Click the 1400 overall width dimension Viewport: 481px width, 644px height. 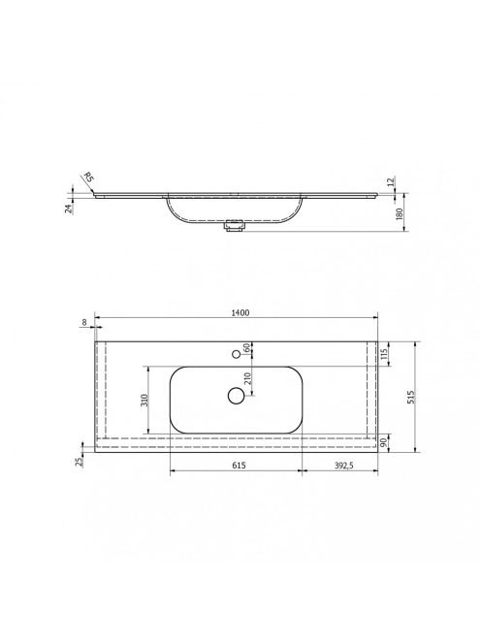pos(240,312)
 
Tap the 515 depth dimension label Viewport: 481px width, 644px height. pos(411,397)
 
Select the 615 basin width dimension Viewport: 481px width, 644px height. pos(239,466)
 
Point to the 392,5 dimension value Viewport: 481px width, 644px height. pos(344,466)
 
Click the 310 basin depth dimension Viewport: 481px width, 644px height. pos(144,400)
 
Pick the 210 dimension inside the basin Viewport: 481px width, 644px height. pos(247,378)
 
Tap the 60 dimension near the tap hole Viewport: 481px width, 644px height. pos(247,348)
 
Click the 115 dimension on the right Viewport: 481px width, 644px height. pos(384,354)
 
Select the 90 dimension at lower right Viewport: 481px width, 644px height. pos(384,442)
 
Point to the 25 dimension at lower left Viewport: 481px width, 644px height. pos(80,462)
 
